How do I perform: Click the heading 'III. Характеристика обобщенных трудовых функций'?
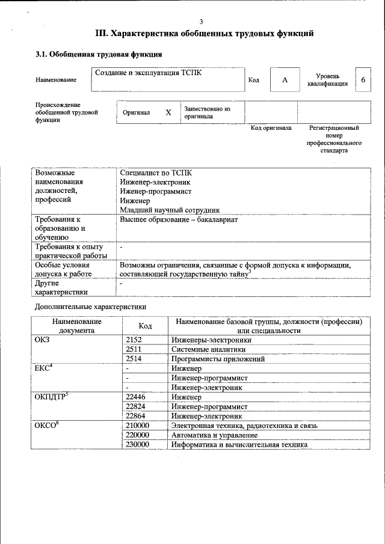click(205, 33)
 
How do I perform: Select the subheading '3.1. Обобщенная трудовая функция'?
click(98, 55)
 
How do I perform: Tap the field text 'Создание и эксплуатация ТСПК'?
click(149, 73)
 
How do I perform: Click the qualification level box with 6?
click(363, 80)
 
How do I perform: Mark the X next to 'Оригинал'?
click(168, 112)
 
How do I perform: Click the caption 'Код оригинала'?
click(271, 128)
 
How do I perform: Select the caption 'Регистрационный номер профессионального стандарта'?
click(334, 139)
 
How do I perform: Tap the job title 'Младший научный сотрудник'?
click(170, 210)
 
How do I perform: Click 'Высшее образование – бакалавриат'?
click(179, 220)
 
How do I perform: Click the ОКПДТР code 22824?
click(136, 406)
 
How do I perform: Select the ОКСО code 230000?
click(138, 445)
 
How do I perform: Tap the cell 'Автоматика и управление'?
click(214, 435)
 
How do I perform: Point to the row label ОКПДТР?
click(52, 396)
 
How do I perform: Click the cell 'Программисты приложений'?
click(218, 359)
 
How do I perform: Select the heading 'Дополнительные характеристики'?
click(90, 307)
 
